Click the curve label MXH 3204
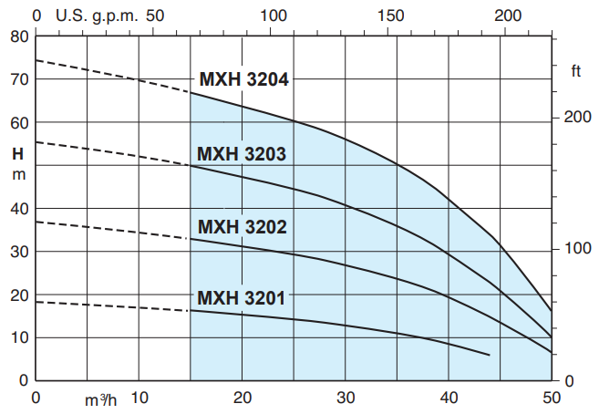click(243, 79)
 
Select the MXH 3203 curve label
click(242, 153)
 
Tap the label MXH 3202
click(242, 226)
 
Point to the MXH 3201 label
click(242, 298)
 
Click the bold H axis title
click(18, 152)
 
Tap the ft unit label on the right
click(576, 71)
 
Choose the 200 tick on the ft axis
click(575, 118)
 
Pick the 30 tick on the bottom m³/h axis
click(346, 398)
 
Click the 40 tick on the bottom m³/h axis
click(449, 398)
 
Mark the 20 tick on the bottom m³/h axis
click(243, 398)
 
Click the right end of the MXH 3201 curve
click(490, 355)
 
